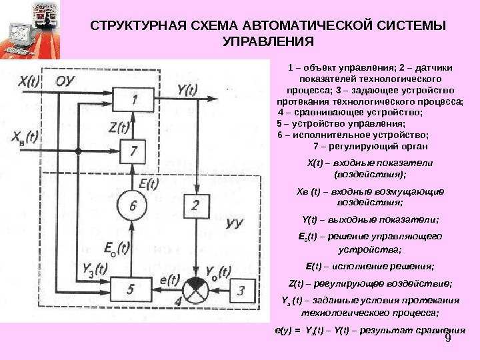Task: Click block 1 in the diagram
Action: (135, 100)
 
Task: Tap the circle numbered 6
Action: (133, 207)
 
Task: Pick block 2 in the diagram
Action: (195, 206)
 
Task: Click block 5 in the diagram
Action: (131, 289)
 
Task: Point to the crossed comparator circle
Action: (195, 289)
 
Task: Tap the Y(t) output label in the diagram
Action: (188, 88)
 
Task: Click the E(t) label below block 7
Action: (147, 179)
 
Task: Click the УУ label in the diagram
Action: (233, 223)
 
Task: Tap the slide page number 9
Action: (447, 339)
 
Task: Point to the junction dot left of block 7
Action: (78, 151)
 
